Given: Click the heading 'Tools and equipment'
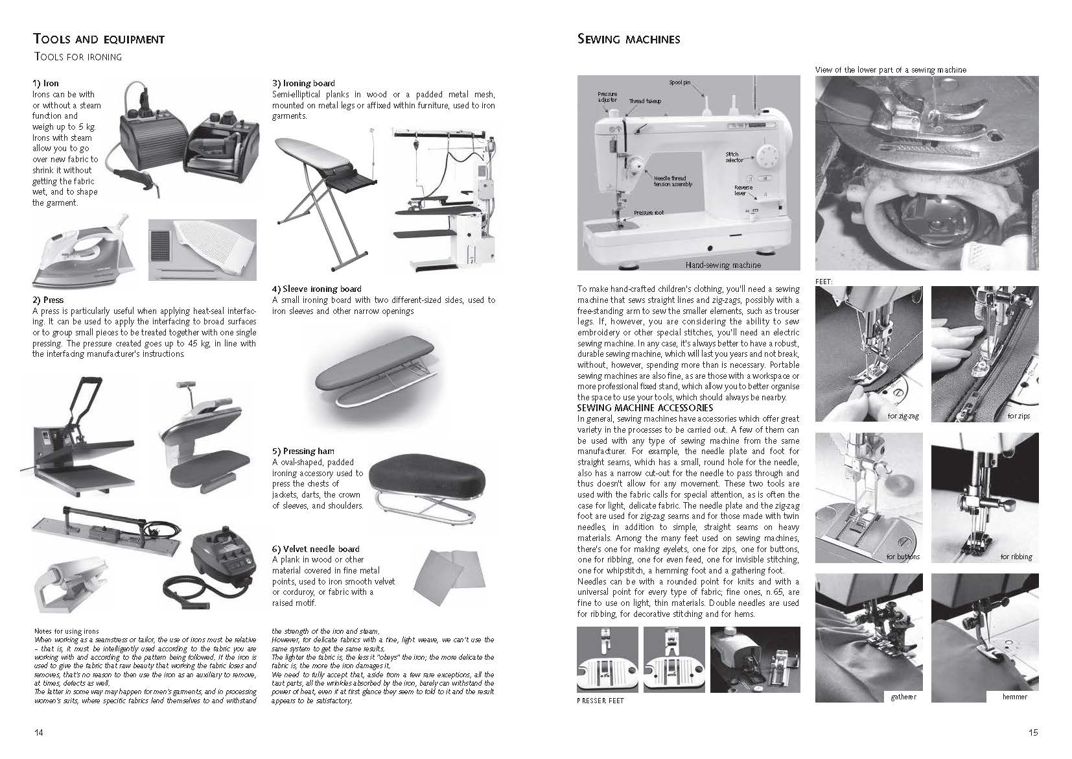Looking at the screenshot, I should pos(99,40).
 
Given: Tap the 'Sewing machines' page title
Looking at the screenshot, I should pos(628,40).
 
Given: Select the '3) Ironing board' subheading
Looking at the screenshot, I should pos(303,83).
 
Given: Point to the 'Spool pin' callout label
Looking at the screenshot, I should pos(680,83).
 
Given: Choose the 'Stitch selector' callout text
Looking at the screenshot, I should pos(734,157).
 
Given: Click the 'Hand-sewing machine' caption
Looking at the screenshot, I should pos(723,265).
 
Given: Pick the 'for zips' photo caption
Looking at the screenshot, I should pos(1018,416).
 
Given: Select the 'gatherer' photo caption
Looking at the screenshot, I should pos(903,697).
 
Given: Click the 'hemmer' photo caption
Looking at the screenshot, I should pos(1014,697).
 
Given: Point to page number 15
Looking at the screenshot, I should pos(1032,732).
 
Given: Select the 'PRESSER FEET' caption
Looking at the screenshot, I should pos(600,701).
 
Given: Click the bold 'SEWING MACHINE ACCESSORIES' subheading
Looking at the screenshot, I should pos(645,408).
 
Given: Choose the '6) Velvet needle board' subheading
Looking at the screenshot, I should pos(316,549).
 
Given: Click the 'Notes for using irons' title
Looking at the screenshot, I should pos(66,631).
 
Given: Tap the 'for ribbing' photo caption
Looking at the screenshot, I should pos(1016,557).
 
